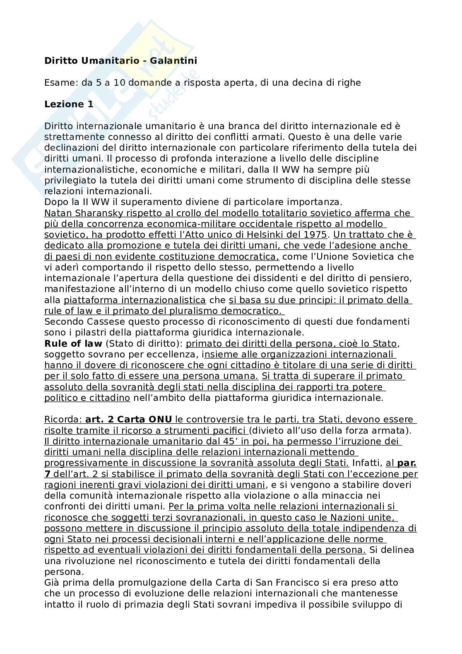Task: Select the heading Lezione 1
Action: coord(69,104)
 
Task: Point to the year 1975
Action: coord(317,235)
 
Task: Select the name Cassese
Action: coord(93,322)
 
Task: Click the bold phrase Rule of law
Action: coord(73,344)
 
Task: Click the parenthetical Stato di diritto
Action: coord(144,344)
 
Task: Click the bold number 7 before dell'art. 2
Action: coord(47,474)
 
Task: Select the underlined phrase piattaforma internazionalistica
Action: coord(135,300)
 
